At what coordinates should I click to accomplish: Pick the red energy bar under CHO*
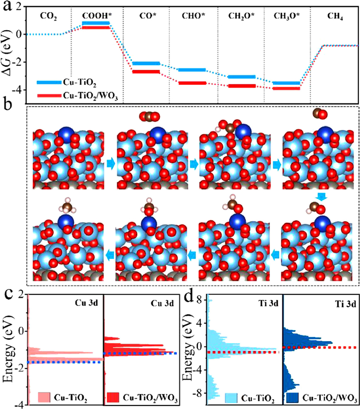[192, 82]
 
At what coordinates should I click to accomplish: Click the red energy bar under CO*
[146, 72]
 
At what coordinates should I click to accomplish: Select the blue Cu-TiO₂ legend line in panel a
[48, 81]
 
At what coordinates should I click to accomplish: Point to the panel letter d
[189, 295]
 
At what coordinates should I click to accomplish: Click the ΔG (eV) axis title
[8, 50]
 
